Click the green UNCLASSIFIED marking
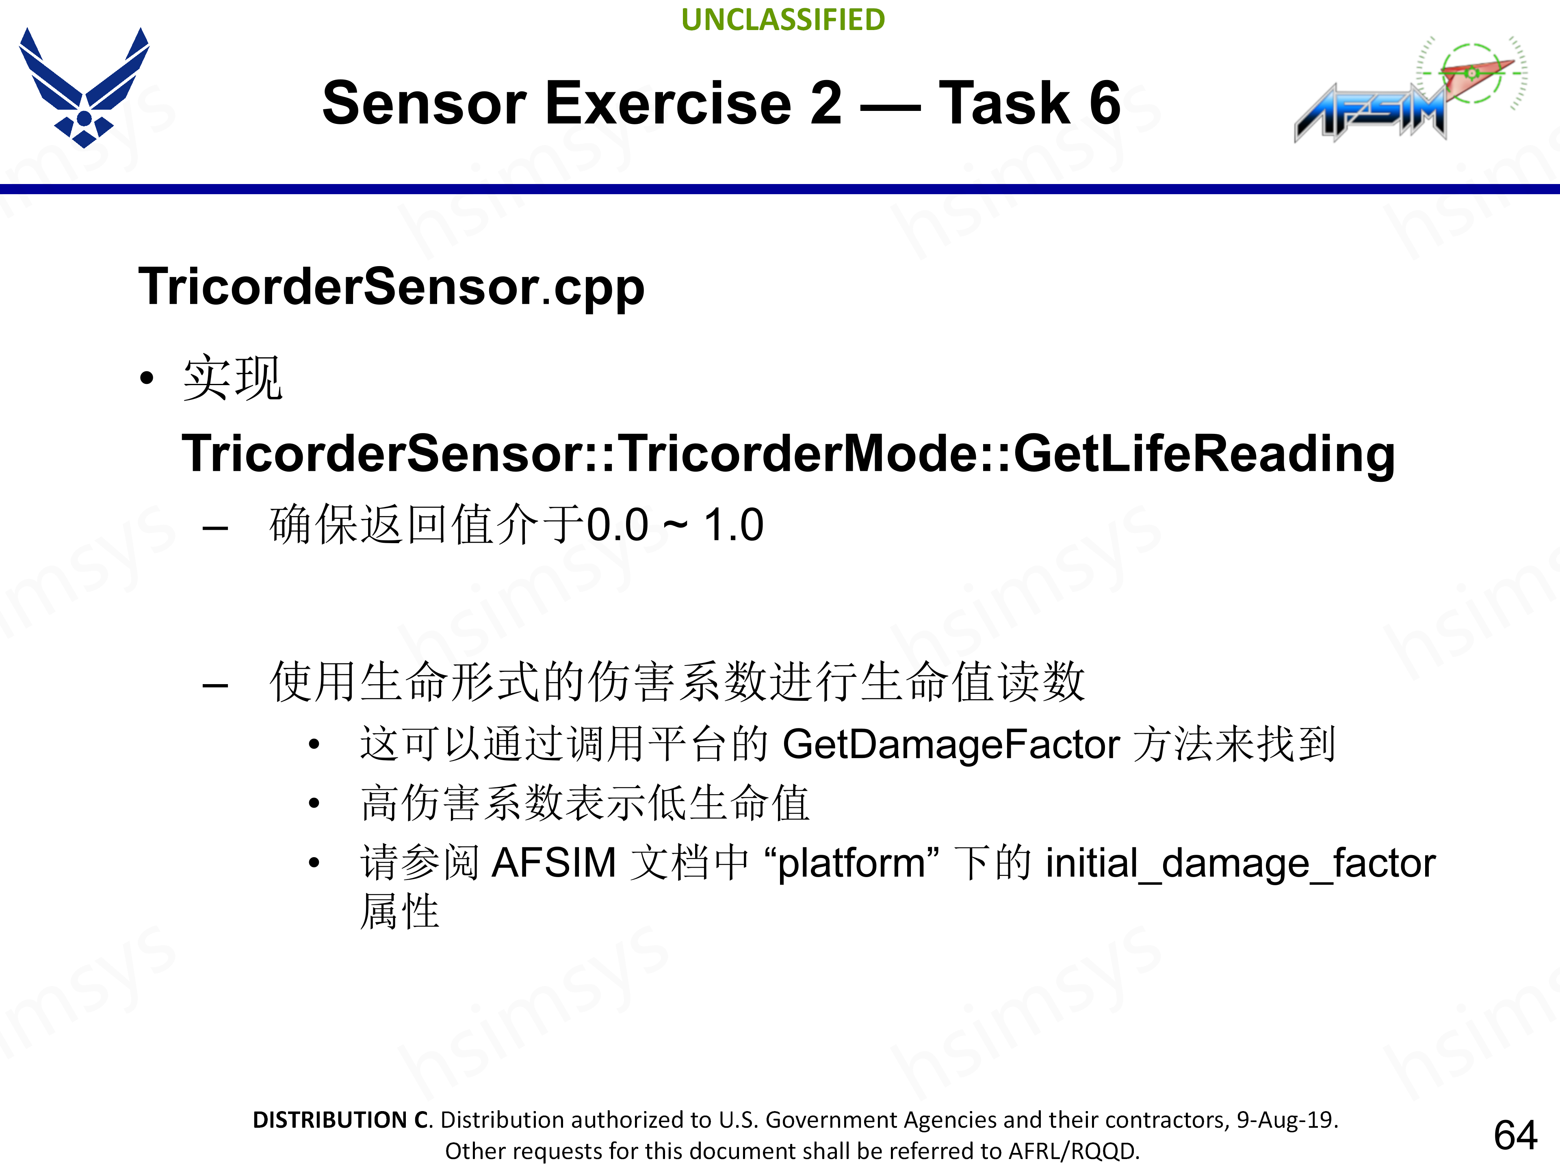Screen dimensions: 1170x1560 coord(783,20)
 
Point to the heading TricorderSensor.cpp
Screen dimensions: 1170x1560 coord(391,287)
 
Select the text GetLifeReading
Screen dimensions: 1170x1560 coord(1204,453)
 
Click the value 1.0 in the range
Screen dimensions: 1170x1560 coord(733,525)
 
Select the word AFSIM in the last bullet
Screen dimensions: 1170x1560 coord(554,862)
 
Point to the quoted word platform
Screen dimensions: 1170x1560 coord(851,862)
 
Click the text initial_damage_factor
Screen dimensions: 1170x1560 coord(1240,862)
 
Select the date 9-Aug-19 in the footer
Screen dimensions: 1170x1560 coord(1286,1120)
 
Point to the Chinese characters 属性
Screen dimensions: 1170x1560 coord(400,912)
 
